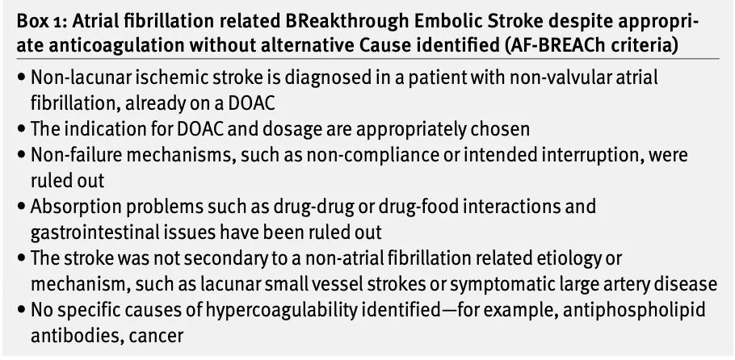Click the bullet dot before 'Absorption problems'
point(21,207)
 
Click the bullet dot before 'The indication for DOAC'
point(21,129)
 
